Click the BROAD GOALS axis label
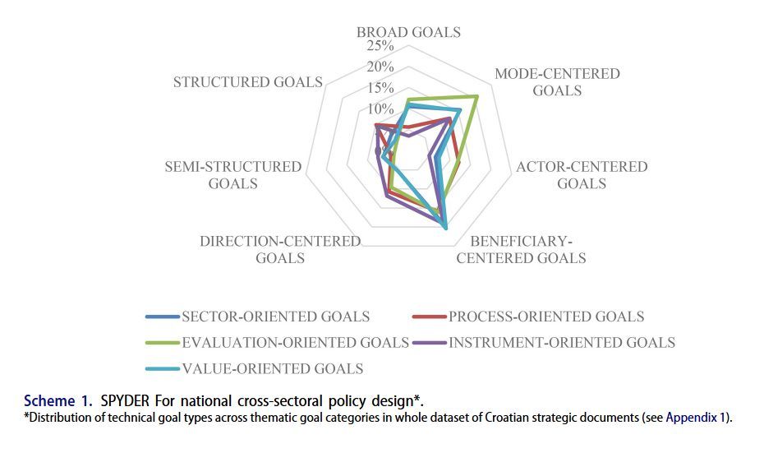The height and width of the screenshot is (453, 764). coord(408,32)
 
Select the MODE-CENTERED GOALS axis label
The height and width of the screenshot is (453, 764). coord(557,82)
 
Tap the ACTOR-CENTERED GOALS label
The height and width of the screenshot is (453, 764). coord(582,175)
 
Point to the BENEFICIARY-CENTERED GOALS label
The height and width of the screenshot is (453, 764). coord(521,249)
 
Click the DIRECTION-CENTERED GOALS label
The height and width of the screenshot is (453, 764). coord(280,249)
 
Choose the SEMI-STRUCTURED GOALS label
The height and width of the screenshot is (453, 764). coord(233,175)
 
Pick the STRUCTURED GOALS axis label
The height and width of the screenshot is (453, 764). coord(247,82)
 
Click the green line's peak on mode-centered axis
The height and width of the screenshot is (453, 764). coord(477,96)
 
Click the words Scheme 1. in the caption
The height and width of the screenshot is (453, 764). coord(59,402)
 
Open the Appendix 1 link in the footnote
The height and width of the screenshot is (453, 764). coord(696,418)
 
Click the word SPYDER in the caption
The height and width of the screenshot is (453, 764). coord(127,402)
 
